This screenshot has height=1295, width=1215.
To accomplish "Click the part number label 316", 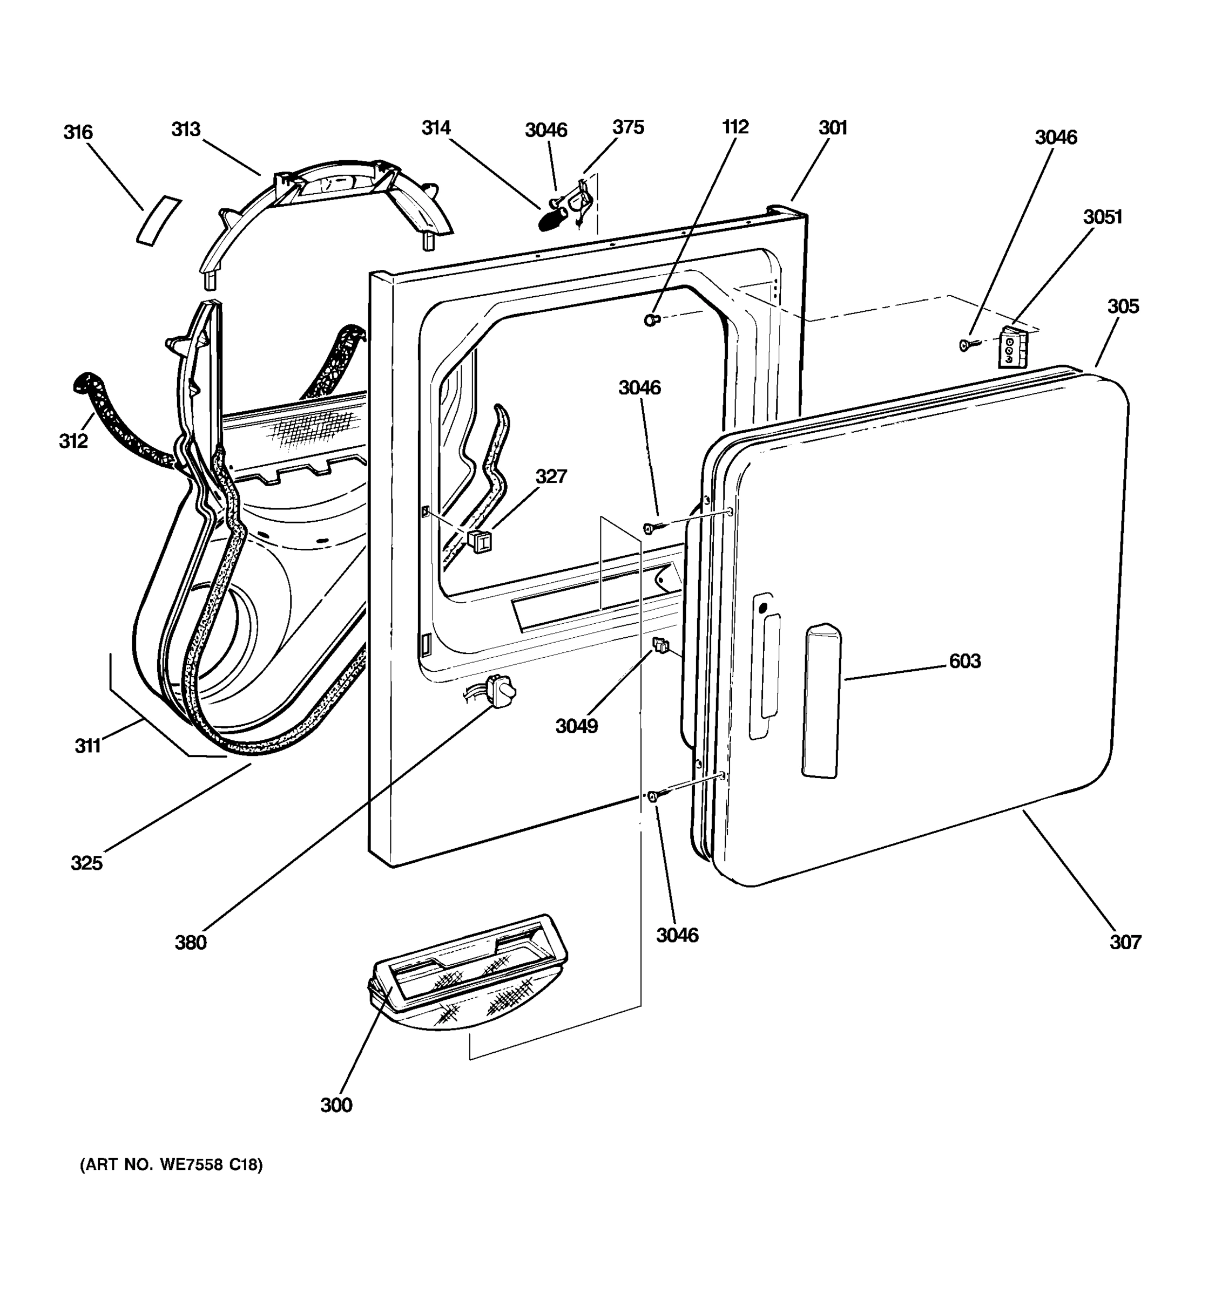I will (78, 132).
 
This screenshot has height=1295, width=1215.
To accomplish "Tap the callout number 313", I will (186, 129).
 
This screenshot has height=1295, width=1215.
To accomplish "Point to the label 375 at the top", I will (627, 127).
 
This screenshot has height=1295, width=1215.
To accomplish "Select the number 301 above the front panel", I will (832, 128).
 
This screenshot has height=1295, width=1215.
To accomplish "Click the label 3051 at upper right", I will (1102, 216).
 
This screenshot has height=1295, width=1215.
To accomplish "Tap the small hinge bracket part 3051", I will (1011, 346).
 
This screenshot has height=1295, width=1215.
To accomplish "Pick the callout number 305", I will (1123, 306).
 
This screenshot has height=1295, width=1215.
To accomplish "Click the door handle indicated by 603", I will (822, 701).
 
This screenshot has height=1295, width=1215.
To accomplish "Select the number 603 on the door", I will (964, 661).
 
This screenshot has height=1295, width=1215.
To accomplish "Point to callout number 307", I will (1126, 942).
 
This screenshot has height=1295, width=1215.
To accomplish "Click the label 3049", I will (576, 726).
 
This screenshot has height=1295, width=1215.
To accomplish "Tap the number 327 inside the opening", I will (551, 476).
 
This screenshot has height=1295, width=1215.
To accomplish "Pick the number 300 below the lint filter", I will (336, 1105).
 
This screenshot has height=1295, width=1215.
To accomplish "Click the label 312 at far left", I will (73, 441).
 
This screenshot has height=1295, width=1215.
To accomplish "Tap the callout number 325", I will (87, 863).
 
